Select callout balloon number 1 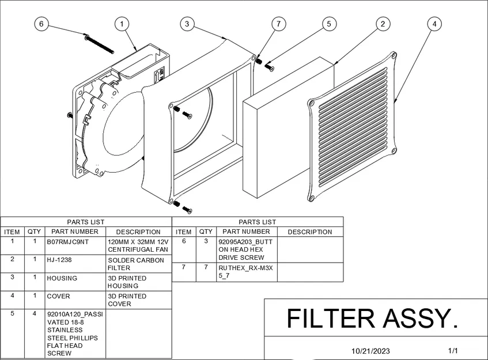[x=122, y=24]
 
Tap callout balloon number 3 [x=186, y=24]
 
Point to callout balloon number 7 [x=279, y=24]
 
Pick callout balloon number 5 [x=328, y=24]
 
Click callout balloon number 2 [x=383, y=24]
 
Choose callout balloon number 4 [x=434, y=24]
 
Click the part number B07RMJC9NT [x=68, y=242]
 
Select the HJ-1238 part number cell [x=60, y=260]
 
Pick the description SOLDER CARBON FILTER [x=135, y=264]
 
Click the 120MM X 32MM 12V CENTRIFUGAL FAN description [x=138, y=246]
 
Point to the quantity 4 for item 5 [x=35, y=314]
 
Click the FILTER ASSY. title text [x=372, y=319]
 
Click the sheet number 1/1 [x=453, y=350]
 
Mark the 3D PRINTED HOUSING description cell [x=127, y=282]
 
